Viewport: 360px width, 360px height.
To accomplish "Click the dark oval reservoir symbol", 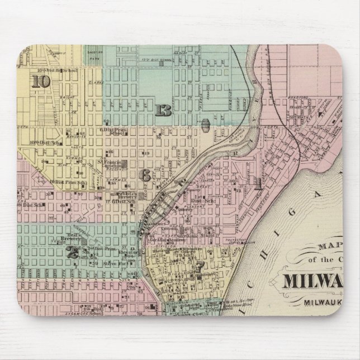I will click(x=205, y=124).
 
